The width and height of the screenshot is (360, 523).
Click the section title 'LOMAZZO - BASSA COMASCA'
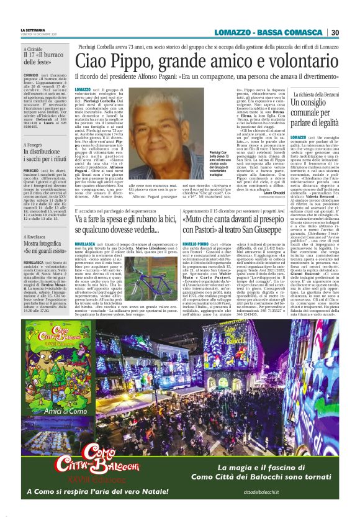(x=270, y=32)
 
